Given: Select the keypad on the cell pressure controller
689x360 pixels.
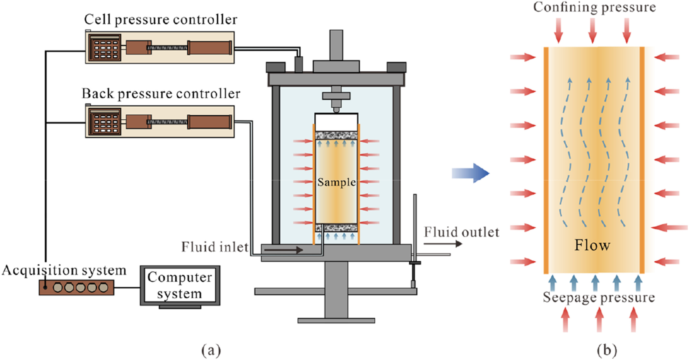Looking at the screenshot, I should tap(105, 48).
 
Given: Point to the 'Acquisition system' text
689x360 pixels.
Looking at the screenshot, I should tap(64, 270).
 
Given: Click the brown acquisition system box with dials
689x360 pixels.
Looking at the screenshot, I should tap(76, 287).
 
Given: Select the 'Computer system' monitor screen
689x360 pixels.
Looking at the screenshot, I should tap(180, 285).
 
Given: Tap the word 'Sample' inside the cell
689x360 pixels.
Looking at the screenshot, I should tap(336, 182).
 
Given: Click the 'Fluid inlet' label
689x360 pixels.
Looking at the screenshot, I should tap(215, 247).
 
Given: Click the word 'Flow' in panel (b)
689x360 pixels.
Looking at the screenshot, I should tap(592, 245).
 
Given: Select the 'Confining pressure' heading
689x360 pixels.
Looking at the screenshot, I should tap(594, 7).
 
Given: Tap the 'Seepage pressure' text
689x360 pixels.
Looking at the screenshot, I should tap(599, 297).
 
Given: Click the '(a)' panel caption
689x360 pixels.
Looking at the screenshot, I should tap(211, 349).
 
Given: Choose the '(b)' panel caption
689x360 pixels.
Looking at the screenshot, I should tap(607, 349).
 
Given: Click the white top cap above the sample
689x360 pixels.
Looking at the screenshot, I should tap(336, 122).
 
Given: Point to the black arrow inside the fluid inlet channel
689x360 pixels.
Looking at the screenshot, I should tap(283, 250).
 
